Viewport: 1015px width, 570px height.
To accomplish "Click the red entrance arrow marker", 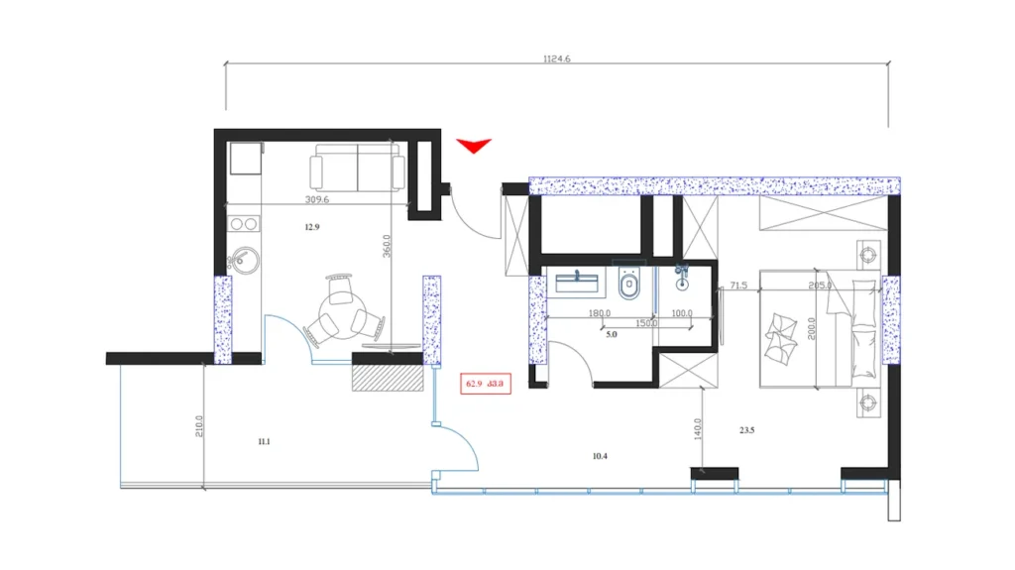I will (x=474, y=147).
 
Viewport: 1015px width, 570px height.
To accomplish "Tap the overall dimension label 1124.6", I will (x=557, y=59).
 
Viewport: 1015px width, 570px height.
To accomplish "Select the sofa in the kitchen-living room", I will (x=357, y=169).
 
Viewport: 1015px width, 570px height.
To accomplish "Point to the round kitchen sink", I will (x=241, y=261).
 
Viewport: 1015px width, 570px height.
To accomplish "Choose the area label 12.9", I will (x=312, y=227).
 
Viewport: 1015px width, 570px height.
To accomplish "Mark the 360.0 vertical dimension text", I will (x=386, y=246).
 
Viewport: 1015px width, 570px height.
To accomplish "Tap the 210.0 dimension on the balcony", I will (x=199, y=426).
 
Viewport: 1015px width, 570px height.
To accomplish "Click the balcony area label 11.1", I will (x=263, y=442).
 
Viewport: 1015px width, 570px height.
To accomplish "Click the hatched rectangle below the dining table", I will (x=389, y=378).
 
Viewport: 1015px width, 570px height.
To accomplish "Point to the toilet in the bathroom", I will (x=628, y=287).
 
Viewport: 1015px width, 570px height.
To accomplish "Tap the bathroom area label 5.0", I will (x=612, y=336).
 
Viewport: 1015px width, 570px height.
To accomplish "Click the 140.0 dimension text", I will (x=698, y=428).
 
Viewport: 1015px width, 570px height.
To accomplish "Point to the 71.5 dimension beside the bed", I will (x=737, y=285).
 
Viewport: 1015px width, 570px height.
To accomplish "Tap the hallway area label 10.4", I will (x=599, y=456).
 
